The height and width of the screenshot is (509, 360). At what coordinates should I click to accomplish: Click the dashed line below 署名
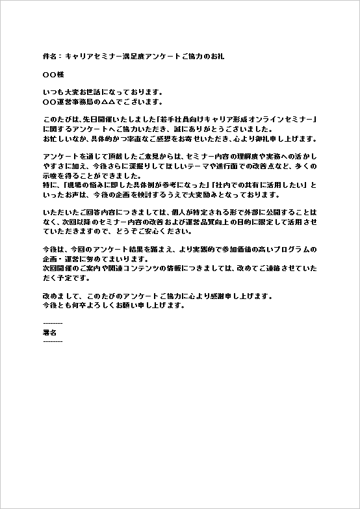click(53, 341)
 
